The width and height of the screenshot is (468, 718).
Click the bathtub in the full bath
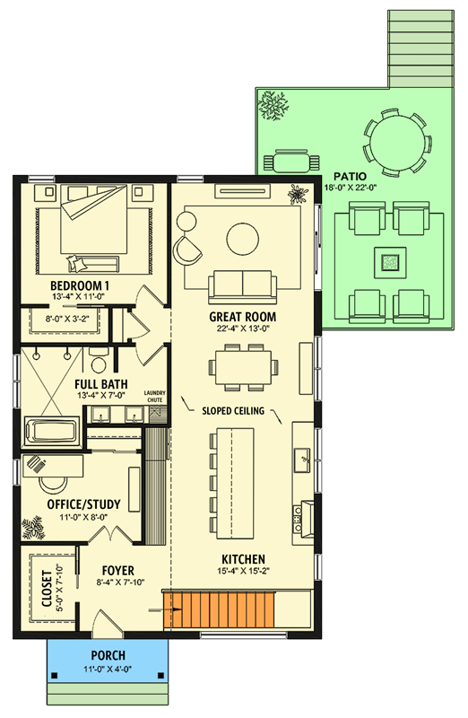point(51,430)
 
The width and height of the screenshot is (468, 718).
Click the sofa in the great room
point(242,286)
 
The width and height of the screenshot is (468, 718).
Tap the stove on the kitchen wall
point(301,514)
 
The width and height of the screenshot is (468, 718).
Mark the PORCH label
point(107,655)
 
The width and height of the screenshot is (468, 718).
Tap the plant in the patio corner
point(272,105)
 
